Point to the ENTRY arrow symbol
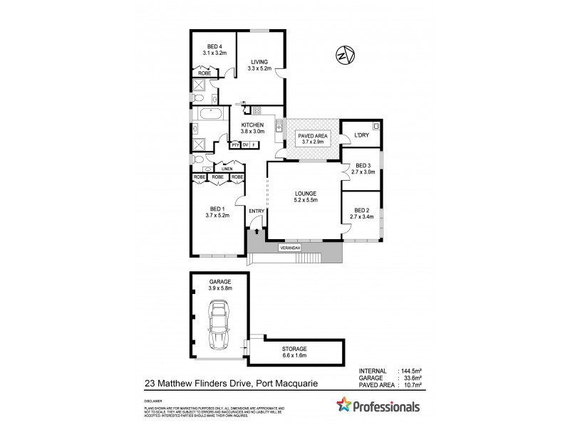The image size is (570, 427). tap(256, 232)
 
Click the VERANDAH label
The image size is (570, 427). tap(291, 248)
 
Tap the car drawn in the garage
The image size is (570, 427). tap(218, 325)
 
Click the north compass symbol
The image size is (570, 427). tap(346, 55)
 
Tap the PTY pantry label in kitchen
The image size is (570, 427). tap(234, 144)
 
